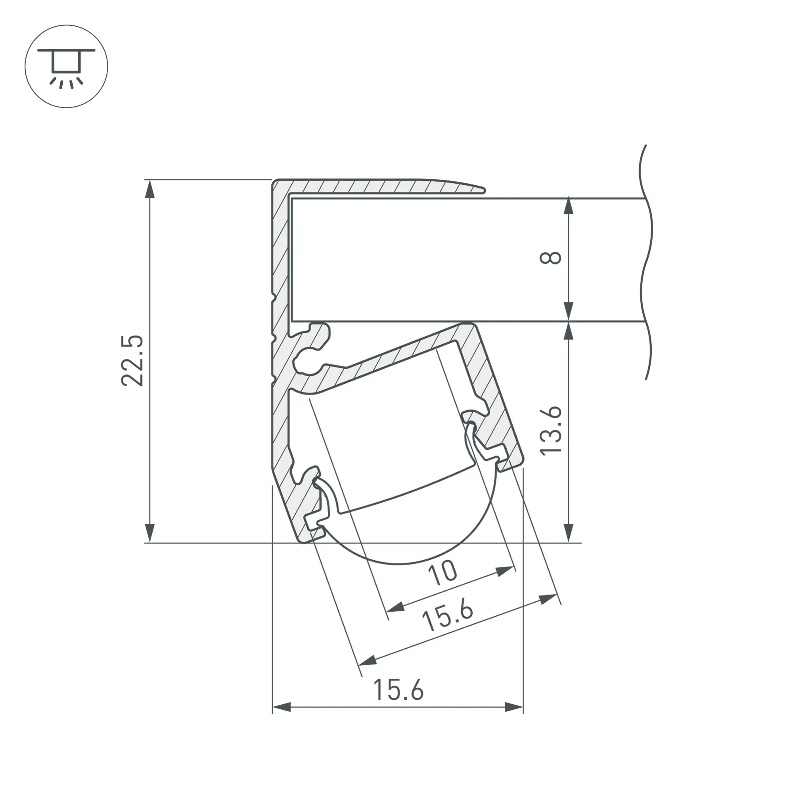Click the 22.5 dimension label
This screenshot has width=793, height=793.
pos(132,361)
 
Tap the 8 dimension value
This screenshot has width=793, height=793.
pos(550,258)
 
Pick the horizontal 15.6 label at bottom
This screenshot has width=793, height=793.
pos(398,690)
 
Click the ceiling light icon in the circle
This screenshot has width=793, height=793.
pos(66,67)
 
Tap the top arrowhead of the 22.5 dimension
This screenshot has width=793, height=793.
pos(150,189)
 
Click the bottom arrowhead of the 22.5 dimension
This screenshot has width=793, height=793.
pos(150,533)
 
